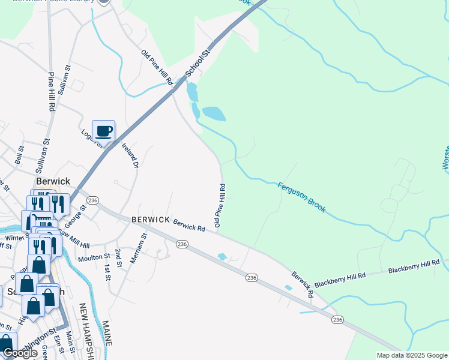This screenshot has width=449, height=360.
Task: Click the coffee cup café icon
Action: tap(103, 131)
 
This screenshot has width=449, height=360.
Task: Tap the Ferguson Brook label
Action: tap(301, 197)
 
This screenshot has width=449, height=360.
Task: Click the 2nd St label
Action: tap(118, 256)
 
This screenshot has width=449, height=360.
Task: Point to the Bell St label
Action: tap(19, 155)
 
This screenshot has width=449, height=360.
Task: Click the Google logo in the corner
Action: tap(20, 353)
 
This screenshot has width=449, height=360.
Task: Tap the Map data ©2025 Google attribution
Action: tap(412, 355)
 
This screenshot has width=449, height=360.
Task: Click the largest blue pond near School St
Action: tap(214, 113)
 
